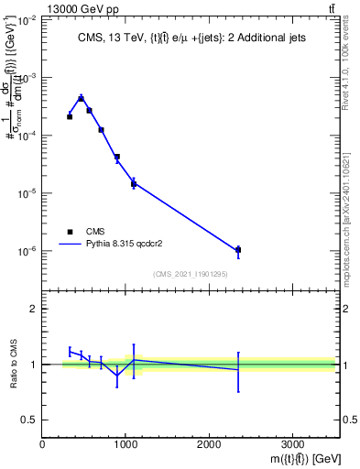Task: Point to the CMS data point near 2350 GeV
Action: tap(238, 249)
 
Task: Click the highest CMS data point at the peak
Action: tap(81, 98)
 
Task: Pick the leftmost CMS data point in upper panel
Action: tap(70, 116)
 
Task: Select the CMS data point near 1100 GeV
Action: tap(134, 183)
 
